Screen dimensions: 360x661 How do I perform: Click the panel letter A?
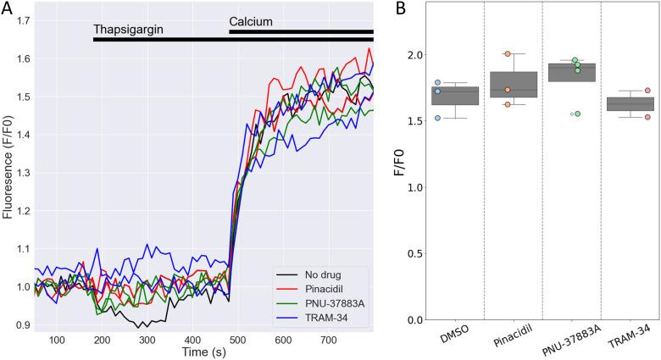8,8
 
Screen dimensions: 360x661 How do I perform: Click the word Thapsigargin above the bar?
127,30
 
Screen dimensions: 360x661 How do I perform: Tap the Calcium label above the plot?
251,20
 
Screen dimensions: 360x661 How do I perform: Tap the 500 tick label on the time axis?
236,338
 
